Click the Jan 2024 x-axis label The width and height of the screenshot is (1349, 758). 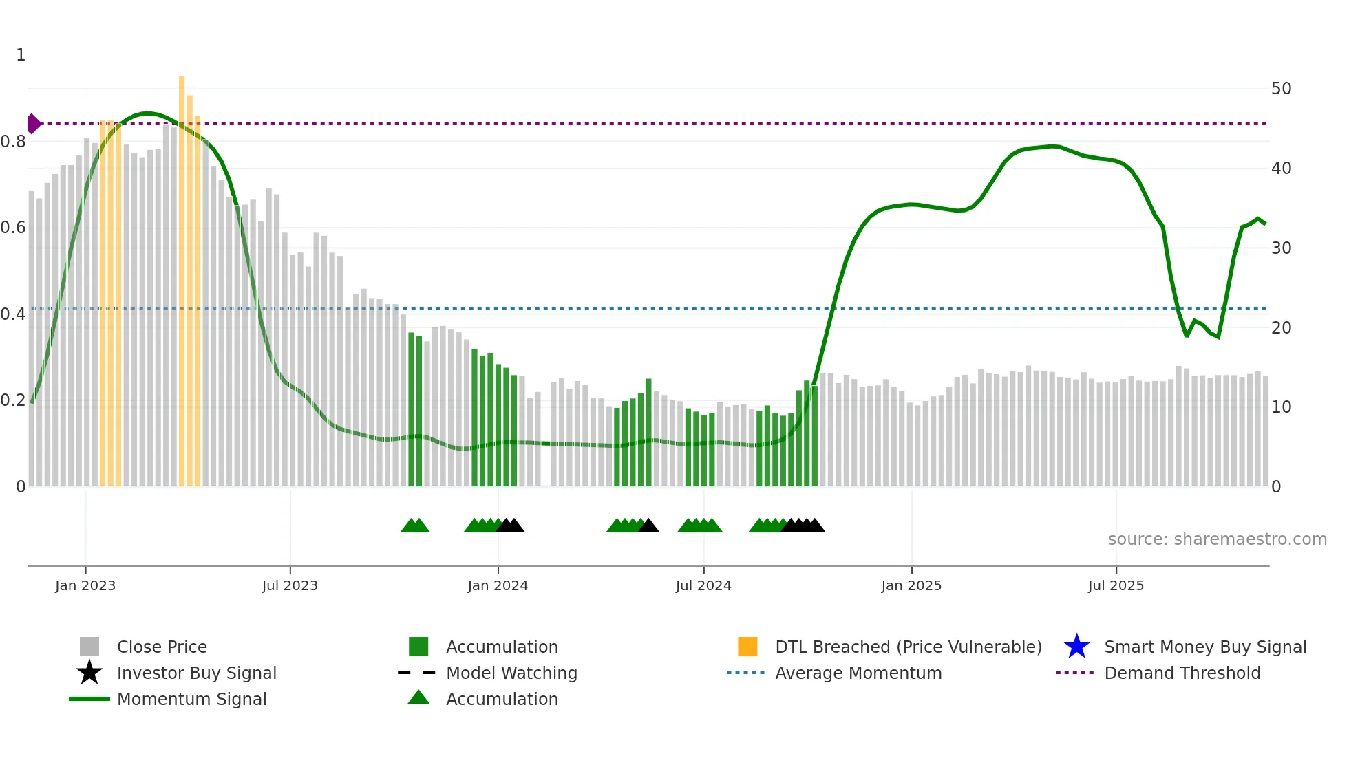[x=498, y=585]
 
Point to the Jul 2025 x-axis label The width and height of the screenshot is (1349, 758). [x=1116, y=585]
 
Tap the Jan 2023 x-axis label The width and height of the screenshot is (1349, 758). [x=85, y=585]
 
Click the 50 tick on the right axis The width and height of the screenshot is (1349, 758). [x=1281, y=89]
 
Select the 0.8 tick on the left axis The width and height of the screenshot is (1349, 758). [x=13, y=142]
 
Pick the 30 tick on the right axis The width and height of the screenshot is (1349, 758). [x=1281, y=248]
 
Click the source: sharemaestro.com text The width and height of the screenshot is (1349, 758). [x=1217, y=539]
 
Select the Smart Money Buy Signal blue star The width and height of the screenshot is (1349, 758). [x=1076, y=647]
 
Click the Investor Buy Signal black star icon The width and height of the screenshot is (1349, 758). [x=89, y=673]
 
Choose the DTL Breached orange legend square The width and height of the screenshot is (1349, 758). [x=747, y=647]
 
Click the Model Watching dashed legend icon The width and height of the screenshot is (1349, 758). [x=417, y=673]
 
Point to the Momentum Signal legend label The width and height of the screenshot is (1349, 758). [x=191, y=699]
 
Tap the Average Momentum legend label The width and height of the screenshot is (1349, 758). [x=858, y=673]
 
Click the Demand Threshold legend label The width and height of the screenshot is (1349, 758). [x=1182, y=673]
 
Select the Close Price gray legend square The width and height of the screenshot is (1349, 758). [x=89, y=647]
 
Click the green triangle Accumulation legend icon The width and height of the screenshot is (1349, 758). [x=418, y=697]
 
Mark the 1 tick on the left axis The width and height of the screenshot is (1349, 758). [x=21, y=55]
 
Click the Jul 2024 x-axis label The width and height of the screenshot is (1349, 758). [x=703, y=585]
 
